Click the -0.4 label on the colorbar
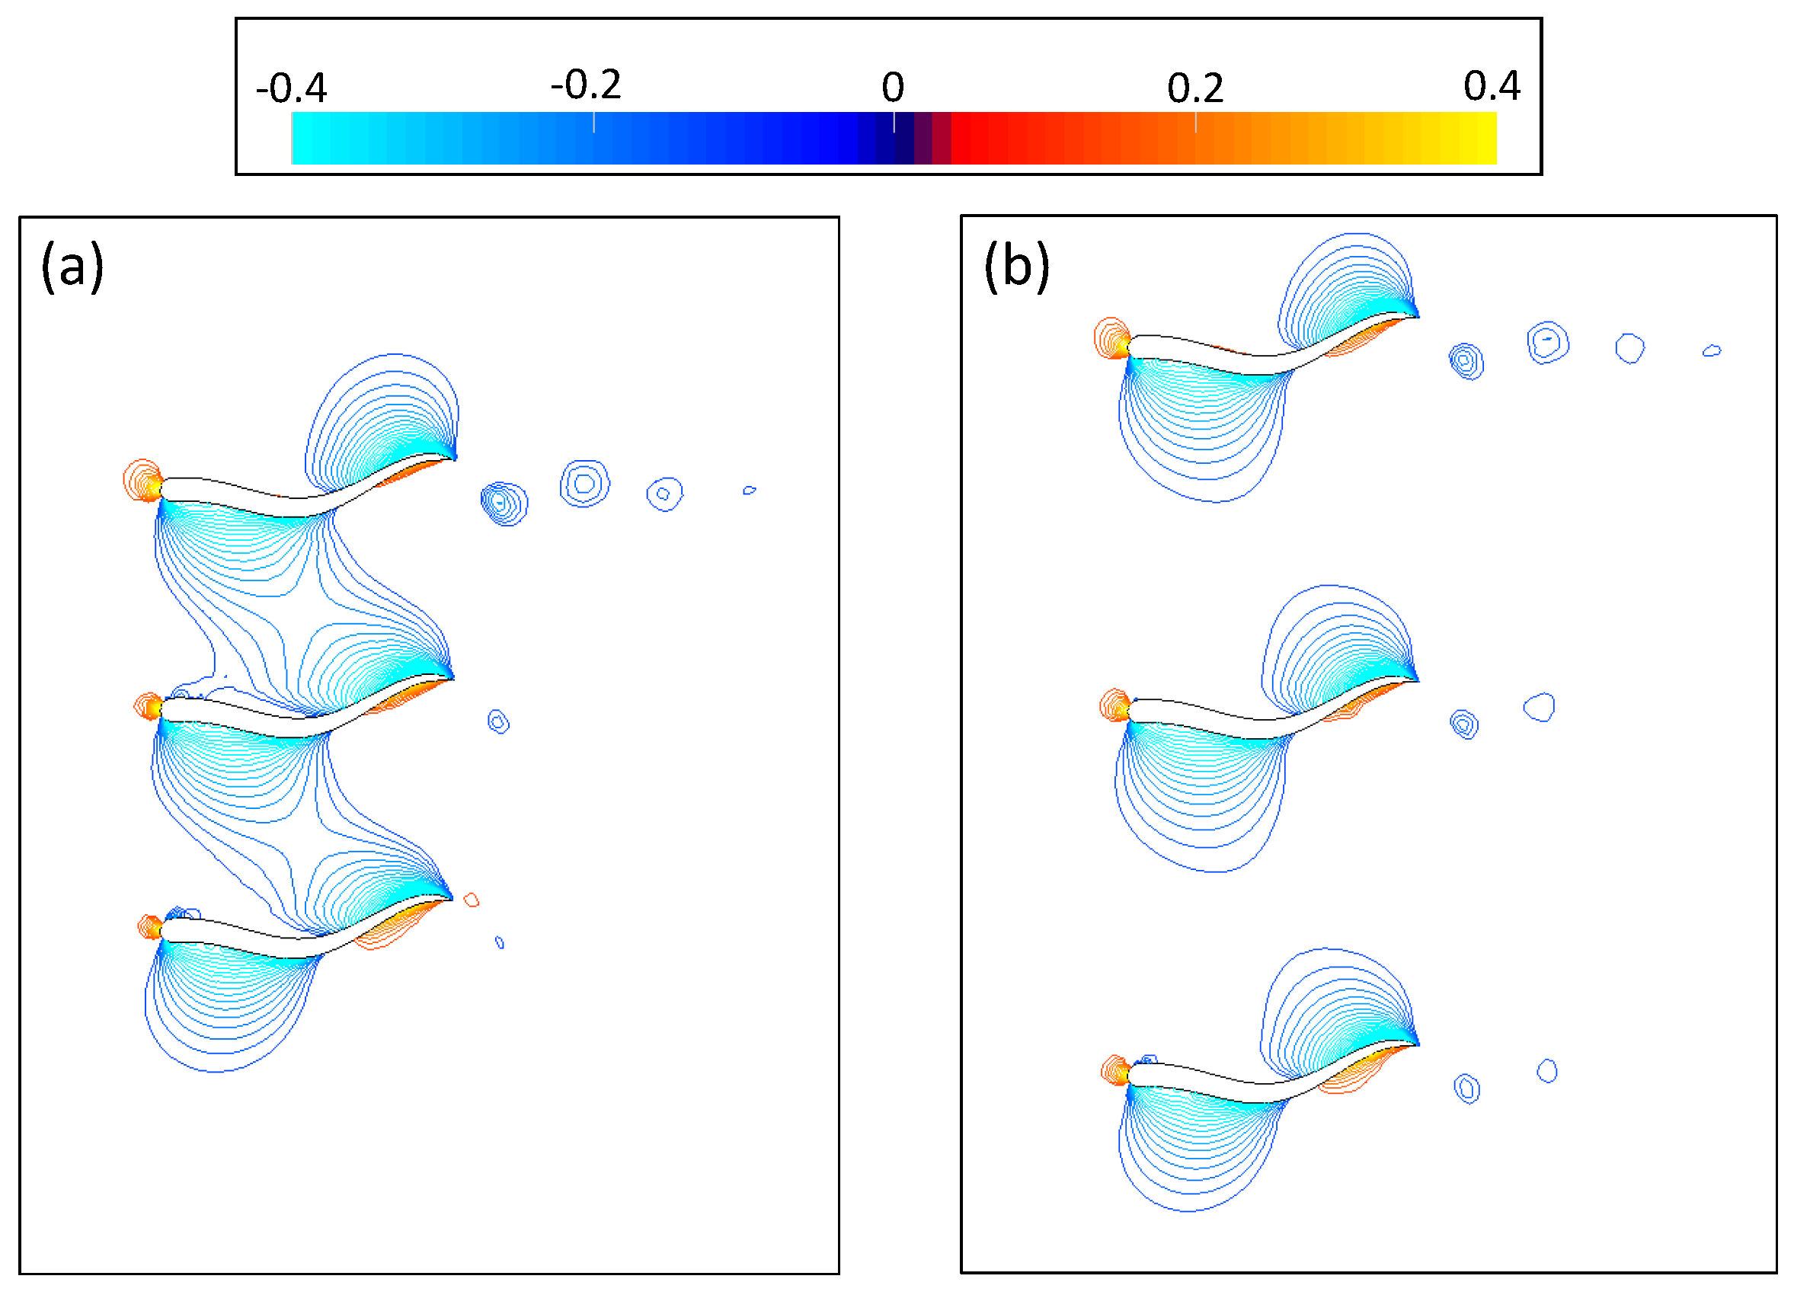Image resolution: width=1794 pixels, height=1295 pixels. [291, 88]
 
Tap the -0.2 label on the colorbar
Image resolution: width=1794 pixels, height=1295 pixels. [586, 85]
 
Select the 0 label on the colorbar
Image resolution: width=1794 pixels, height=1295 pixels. [892, 87]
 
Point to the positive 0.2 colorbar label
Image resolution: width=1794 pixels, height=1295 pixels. [1194, 88]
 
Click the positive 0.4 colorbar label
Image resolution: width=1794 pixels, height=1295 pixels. [1491, 85]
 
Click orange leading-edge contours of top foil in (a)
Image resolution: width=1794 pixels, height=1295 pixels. [143, 480]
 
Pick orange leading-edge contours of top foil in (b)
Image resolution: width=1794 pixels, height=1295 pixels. [1112, 338]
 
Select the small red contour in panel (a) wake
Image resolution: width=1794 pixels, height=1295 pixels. [472, 900]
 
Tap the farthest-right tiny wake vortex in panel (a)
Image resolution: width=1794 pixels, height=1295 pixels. [749, 491]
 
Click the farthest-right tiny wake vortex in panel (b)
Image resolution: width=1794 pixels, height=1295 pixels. [1711, 350]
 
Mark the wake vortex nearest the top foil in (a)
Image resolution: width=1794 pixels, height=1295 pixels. [504, 503]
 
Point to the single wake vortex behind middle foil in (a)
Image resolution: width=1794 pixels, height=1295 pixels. [498, 721]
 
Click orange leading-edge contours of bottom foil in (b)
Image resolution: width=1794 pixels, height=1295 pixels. [1115, 1070]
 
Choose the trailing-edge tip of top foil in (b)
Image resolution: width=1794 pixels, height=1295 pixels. [1418, 315]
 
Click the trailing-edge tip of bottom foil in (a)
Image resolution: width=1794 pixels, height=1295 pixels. [452, 900]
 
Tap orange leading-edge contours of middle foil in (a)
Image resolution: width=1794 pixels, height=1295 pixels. [148, 705]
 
